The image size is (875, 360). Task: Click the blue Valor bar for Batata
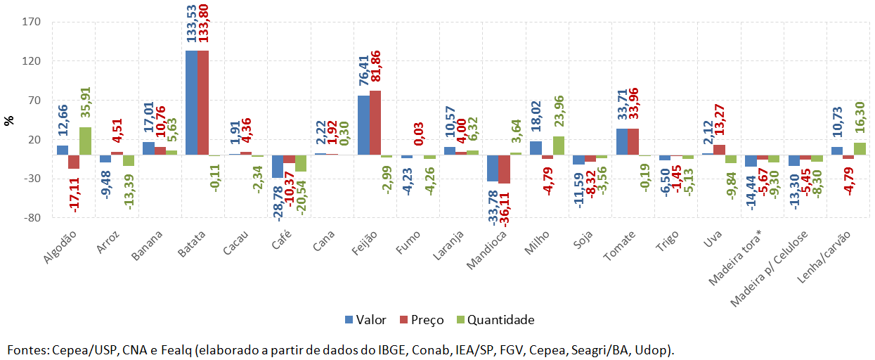pos(191,103)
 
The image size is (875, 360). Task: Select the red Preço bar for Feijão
pos(375,122)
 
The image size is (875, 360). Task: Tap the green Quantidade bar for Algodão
pos(85,141)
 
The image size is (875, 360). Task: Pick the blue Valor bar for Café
pos(278,167)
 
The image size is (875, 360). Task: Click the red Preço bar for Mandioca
pos(504,169)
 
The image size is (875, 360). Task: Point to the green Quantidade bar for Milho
pos(558,146)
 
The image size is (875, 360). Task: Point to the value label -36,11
pos(505,210)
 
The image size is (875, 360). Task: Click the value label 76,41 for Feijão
pos(364,67)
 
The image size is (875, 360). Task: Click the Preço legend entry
pos(422,320)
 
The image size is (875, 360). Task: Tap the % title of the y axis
pos(9,120)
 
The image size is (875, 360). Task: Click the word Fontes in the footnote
pos(27,349)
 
